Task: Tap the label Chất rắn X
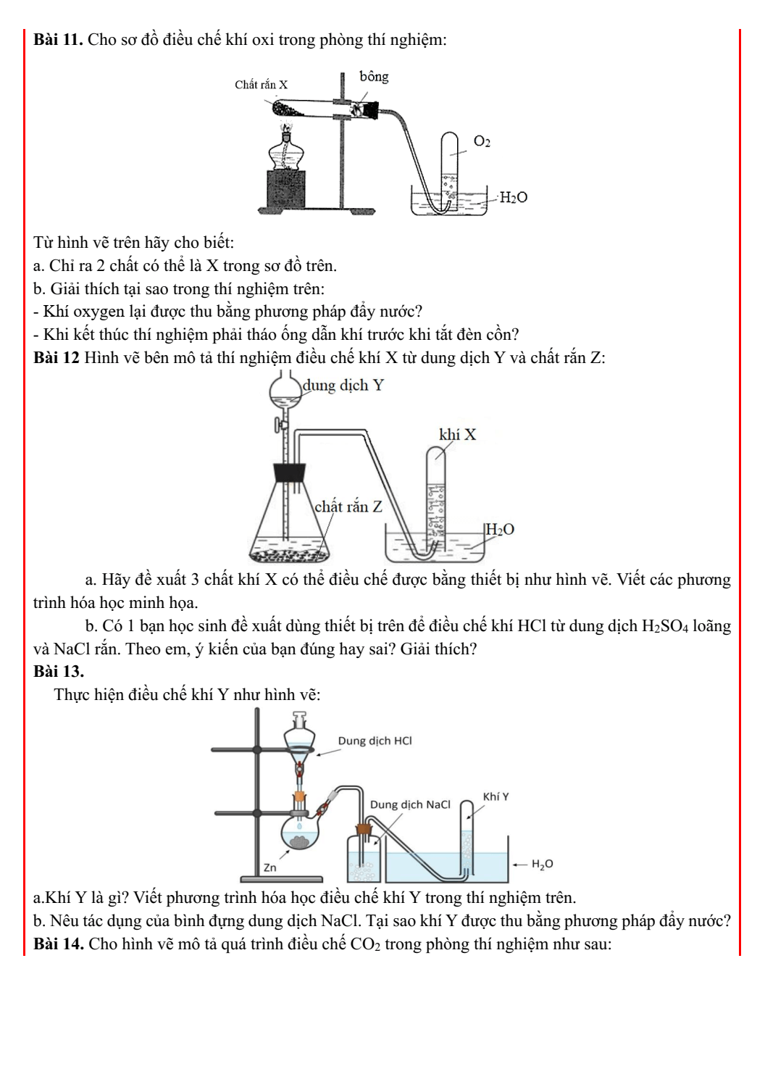point(261,85)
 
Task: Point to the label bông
point(374,77)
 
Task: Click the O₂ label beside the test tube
point(482,141)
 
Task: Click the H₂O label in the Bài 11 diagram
point(513,197)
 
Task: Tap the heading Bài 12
point(56,358)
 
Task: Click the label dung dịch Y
point(343,386)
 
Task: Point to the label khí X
point(457,435)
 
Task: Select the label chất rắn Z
point(348,507)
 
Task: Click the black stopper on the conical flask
point(290,472)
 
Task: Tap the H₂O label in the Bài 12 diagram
point(500,530)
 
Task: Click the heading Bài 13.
point(58,671)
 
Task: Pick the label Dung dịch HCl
point(375,741)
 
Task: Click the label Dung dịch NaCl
point(410,804)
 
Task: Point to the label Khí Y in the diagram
point(496,796)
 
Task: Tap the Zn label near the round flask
point(269,867)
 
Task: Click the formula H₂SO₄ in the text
point(665,626)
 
